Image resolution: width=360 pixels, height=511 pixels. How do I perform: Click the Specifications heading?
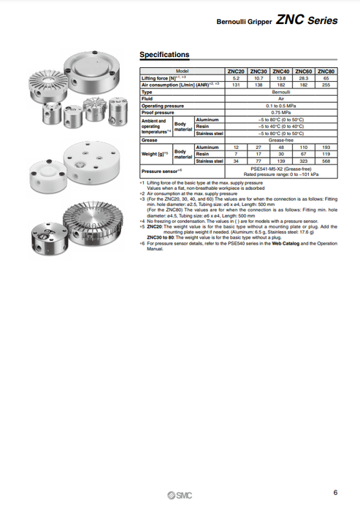point(164,55)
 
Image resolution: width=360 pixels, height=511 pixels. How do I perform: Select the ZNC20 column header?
point(237,71)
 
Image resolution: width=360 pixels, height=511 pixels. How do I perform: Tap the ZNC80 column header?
point(326,71)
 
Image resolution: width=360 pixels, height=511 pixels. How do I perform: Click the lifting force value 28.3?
point(303,77)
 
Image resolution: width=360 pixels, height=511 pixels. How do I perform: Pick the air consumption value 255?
point(326,85)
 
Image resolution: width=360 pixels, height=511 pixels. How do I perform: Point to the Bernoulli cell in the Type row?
point(281,93)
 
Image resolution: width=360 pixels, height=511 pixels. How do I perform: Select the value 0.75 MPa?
point(281,112)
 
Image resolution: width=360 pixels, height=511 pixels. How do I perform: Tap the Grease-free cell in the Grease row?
point(281,140)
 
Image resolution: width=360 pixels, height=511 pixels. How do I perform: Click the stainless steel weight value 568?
point(326,161)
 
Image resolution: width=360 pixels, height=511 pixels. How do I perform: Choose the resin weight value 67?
point(303,154)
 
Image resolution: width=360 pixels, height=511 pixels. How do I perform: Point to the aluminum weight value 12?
point(237,147)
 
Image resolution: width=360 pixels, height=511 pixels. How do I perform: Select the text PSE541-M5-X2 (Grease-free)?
point(281,168)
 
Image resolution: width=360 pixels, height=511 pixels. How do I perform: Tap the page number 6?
point(334,492)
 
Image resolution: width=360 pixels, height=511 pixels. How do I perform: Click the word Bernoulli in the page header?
point(231,23)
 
